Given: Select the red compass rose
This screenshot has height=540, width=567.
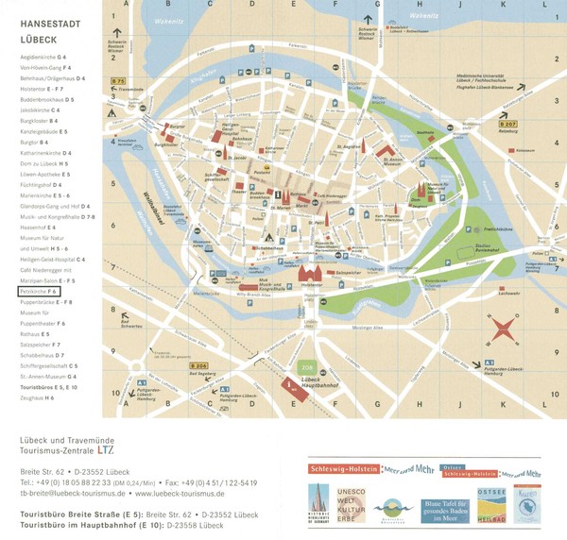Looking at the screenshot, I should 503,329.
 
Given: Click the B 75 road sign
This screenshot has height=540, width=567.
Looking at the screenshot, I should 118,81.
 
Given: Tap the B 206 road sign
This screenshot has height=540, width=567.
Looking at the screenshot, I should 198,365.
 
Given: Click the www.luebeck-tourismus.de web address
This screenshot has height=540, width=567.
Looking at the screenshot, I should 180,493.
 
